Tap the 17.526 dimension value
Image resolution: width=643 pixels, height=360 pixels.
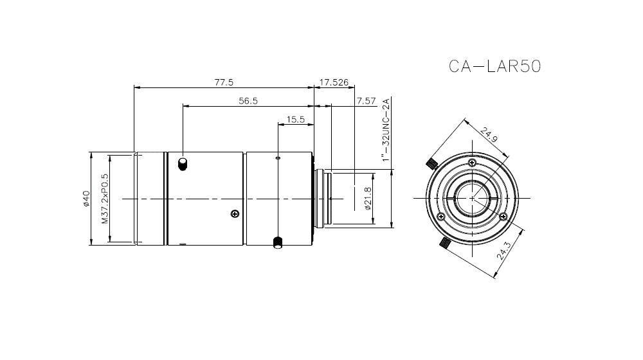(x=334, y=82)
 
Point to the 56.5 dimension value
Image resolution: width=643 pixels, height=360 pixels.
(x=248, y=100)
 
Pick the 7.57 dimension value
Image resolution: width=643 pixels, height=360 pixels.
(x=365, y=100)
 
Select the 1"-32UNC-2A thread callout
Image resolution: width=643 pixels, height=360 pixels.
(x=386, y=130)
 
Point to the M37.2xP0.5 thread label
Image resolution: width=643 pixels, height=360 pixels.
(x=105, y=198)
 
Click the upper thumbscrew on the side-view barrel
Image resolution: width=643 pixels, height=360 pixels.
(x=183, y=163)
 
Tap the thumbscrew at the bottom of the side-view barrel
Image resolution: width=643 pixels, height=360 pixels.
(x=278, y=242)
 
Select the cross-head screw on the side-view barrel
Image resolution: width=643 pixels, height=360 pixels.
(x=235, y=213)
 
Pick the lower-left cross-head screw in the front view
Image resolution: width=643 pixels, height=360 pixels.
(x=440, y=217)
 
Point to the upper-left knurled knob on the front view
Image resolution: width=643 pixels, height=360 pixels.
(x=431, y=162)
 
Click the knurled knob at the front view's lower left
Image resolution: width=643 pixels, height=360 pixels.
(x=444, y=243)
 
